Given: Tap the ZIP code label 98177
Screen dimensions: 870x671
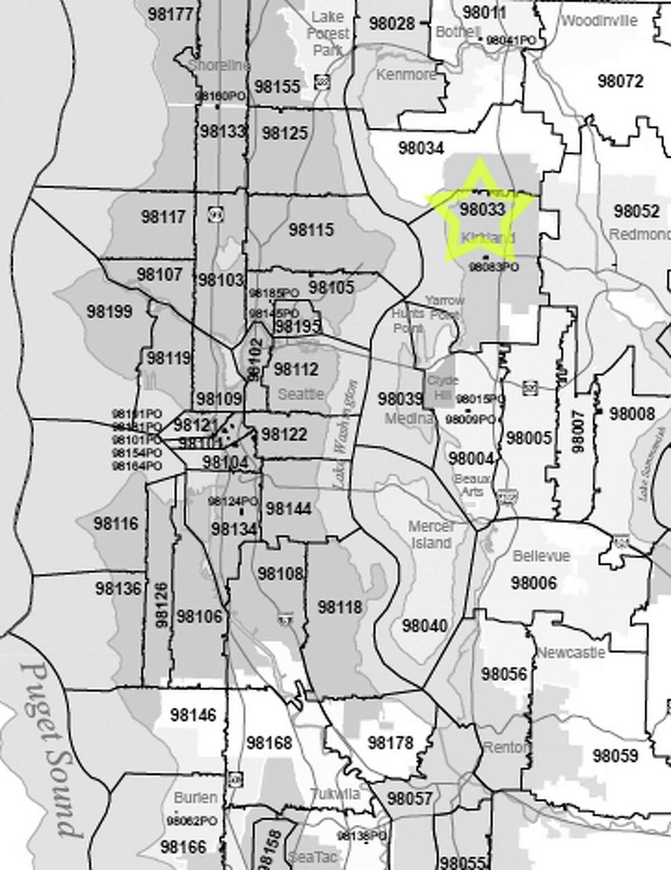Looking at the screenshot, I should coord(171,14).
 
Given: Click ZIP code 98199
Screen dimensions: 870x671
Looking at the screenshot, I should coord(110,311).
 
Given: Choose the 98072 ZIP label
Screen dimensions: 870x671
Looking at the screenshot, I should coord(620,82).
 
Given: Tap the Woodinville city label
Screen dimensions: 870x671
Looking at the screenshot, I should coord(599,21).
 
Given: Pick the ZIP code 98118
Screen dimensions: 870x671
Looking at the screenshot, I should coord(340,607).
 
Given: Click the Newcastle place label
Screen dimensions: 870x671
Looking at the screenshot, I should coord(571,652).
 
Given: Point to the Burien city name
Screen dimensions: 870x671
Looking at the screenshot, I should coord(196,796).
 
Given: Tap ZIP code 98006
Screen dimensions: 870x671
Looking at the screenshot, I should coord(533,583).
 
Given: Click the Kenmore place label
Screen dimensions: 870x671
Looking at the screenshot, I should coord(406,74).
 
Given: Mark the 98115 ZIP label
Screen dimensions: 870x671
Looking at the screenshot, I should coord(311,229).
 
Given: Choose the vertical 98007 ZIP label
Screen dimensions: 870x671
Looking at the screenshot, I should coord(578,431).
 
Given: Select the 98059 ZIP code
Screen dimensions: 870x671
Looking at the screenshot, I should coord(615,756).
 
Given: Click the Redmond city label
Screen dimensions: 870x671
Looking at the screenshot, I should coord(639,234).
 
